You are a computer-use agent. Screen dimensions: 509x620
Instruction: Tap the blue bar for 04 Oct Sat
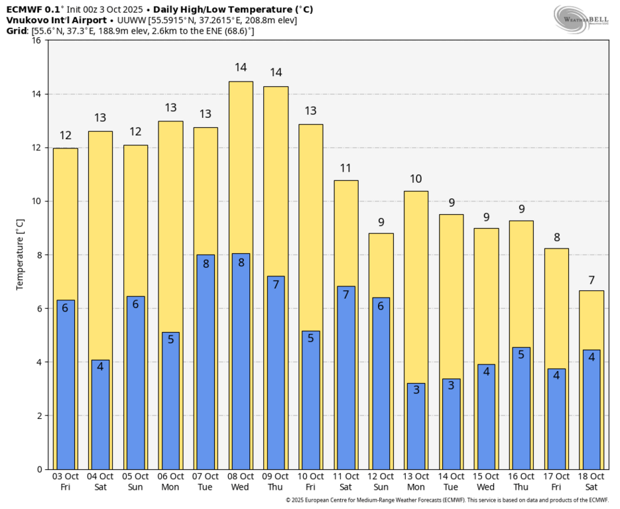(100, 414)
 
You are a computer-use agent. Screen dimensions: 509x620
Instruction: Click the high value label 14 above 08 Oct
(241, 68)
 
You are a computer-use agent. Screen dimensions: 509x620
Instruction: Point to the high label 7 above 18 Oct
(591, 279)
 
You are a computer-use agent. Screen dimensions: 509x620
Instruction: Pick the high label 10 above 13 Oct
(416, 179)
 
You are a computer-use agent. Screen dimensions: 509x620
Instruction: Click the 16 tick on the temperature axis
(36, 40)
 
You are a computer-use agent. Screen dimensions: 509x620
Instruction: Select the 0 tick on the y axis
(39, 469)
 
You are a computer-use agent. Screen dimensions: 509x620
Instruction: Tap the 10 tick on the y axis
(36, 201)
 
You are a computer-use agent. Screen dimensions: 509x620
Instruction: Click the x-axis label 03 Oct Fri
(65, 482)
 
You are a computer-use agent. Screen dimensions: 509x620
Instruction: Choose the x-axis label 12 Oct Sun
(381, 482)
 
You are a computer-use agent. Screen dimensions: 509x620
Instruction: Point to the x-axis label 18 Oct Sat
(591, 482)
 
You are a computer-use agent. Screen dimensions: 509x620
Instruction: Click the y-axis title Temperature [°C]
(20, 254)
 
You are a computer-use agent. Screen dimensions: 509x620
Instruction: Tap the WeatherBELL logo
(581, 19)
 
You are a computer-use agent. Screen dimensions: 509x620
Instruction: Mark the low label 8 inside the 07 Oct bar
(206, 263)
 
